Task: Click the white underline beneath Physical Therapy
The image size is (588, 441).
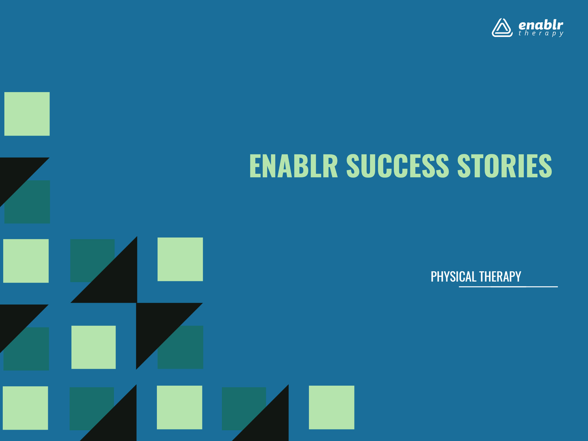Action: click(508, 287)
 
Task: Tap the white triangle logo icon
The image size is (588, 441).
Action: click(502, 28)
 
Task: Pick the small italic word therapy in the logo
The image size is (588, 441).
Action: click(541, 33)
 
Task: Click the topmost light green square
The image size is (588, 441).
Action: click(27, 114)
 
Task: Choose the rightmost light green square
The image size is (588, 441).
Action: click(331, 407)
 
